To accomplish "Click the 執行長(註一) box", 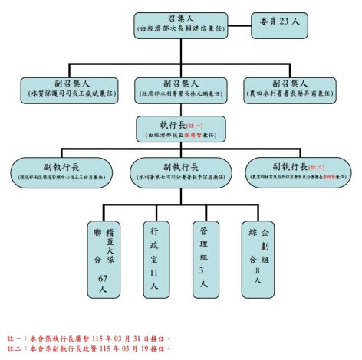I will pos(179,127).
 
